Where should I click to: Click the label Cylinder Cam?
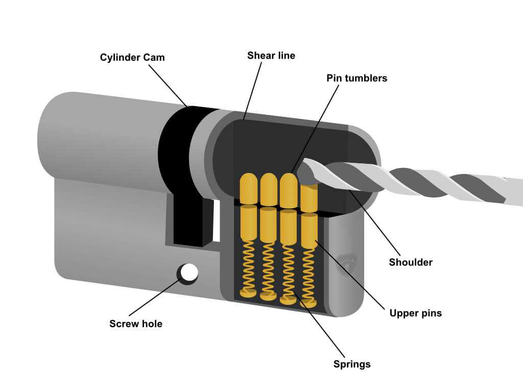pyautogui.click(x=132, y=57)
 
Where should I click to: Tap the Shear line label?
pyautogui.click(x=271, y=55)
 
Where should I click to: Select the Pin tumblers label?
pyautogui.click(x=356, y=78)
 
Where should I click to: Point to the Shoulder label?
pyautogui.click(x=411, y=262)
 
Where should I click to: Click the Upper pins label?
pyautogui.click(x=415, y=313)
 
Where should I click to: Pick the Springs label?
pyautogui.click(x=352, y=364)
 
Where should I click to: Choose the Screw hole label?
pyautogui.click(x=135, y=324)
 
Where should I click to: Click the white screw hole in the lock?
pyautogui.click(x=189, y=273)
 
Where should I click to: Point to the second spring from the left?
pyautogui.click(x=268, y=267)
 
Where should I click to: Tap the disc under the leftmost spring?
pyautogui.click(x=248, y=293)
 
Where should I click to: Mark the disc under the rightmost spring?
pyautogui.click(x=308, y=304)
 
